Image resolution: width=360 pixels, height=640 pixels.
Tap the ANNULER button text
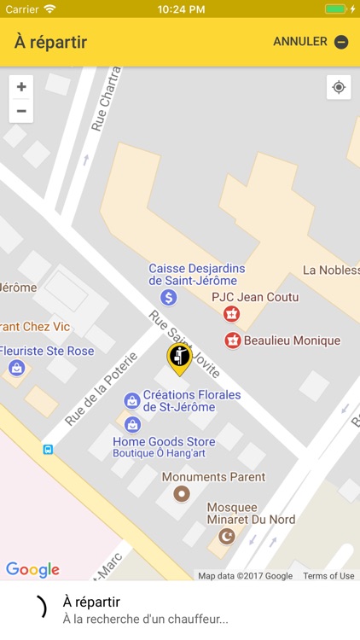click(x=300, y=42)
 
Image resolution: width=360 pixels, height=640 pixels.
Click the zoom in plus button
click(x=21, y=87)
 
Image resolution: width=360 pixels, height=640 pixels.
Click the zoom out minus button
click(x=21, y=111)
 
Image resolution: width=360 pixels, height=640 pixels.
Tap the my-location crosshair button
click(x=339, y=87)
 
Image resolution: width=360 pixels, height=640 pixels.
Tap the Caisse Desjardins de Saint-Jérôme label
click(x=193, y=274)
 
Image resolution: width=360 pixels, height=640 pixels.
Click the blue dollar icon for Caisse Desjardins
click(x=169, y=297)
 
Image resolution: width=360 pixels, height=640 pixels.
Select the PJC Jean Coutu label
click(x=255, y=297)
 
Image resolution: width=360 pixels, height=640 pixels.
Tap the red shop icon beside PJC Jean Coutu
click(x=230, y=315)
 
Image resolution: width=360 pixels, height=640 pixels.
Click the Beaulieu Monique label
click(x=292, y=340)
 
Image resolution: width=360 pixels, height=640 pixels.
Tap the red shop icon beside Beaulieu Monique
click(x=232, y=340)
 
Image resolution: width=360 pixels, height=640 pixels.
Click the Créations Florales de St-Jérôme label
click(x=192, y=401)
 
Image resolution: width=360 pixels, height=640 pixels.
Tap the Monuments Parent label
click(x=213, y=477)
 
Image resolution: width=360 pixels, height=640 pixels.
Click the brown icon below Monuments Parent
click(x=181, y=493)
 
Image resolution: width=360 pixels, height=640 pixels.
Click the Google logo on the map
click(x=32, y=569)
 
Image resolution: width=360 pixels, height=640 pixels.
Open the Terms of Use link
click(x=328, y=576)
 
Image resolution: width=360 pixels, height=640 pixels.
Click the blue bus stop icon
click(x=48, y=449)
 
